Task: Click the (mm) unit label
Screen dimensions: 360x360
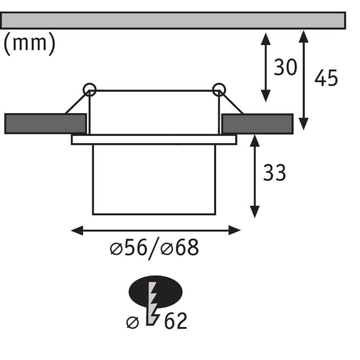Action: pos(30,44)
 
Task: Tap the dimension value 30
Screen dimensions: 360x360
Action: pos(285,67)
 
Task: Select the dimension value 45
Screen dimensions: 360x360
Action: pos(326,78)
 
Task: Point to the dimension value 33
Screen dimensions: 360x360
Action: pos(274,172)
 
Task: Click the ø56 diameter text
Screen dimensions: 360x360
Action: pos(129,248)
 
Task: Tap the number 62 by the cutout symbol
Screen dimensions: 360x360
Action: pos(175,321)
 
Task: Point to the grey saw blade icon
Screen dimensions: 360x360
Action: pos(153,303)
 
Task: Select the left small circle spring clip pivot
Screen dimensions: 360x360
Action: pos(90,90)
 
